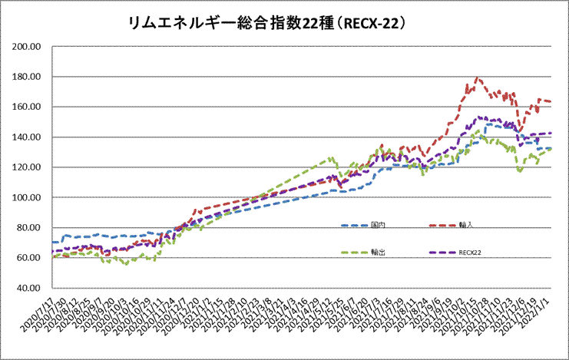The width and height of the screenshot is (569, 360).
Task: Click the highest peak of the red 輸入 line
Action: click(478, 78)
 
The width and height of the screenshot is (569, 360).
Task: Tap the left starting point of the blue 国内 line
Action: click(52, 243)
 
